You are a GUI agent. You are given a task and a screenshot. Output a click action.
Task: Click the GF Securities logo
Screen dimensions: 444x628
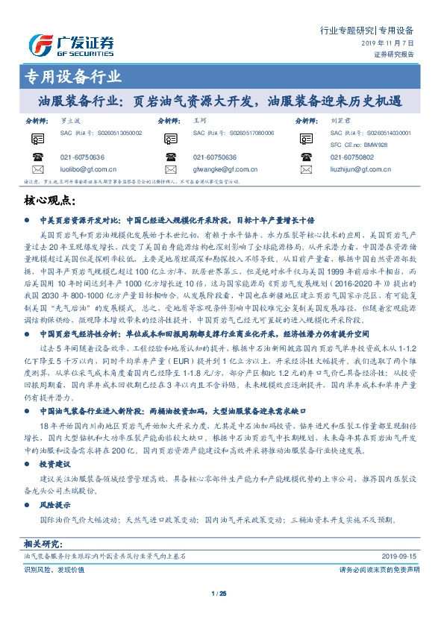click(x=71, y=43)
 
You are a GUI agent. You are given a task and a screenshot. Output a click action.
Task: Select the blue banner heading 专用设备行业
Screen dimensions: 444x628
click(x=68, y=76)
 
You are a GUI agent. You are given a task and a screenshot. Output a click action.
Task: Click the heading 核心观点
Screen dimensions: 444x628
click(x=50, y=200)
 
